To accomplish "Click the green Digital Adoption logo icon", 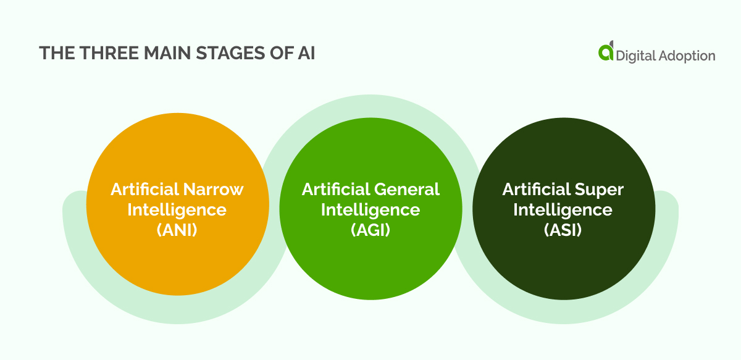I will pos(606,52).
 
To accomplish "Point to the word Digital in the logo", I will pos(637,56).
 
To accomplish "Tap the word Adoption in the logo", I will pos(689,56).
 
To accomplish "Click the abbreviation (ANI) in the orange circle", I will pos(177,230).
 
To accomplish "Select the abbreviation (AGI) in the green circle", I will pos(371,230).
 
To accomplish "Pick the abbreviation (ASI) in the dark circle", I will pos(563,230).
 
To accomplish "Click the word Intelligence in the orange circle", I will pos(177,210).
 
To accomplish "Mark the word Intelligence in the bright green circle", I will pos(371,210).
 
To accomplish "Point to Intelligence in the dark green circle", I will pos(563,210).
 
